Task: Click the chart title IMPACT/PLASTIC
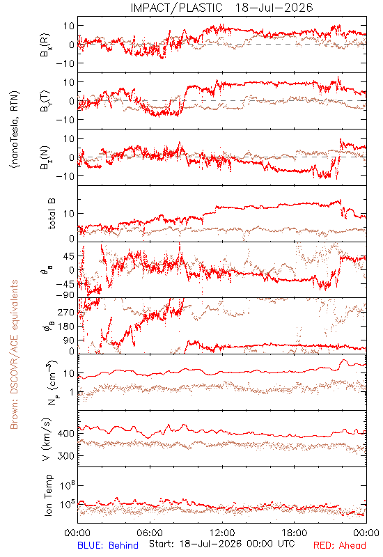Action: pyautogui.click(x=177, y=8)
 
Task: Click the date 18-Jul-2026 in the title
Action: pyautogui.click(x=274, y=8)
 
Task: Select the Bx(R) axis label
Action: pyautogui.click(x=45, y=45)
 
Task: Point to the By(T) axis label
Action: pyautogui.click(x=45, y=101)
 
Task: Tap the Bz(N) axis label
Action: pyautogui.click(x=45, y=157)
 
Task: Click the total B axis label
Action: pyautogui.click(x=52, y=214)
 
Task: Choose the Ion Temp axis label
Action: pyautogui.click(x=48, y=495)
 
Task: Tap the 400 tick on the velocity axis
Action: pyautogui.click(x=65, y=434)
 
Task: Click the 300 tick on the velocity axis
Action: pyautogui.click(x=65, y=456)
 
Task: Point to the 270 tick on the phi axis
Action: pyautogui.click(x=65, y=312)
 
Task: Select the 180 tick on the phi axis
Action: pyautogui.click(x=65, y=327)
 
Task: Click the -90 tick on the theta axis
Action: pyautogui.click(x=65, y=295)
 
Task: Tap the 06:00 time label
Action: pyautogui.click(x=150, y=533)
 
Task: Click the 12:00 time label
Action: pyautogui.click(x=222, y=533)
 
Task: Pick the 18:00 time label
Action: pyautogui.click(x=295, y=533)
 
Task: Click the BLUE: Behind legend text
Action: pyautogui.click(x=108, y=545)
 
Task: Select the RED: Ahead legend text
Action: pyautogui.click(x=340, y=545)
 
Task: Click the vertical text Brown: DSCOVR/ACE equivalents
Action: pyautogui.click(x=14, y=354)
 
